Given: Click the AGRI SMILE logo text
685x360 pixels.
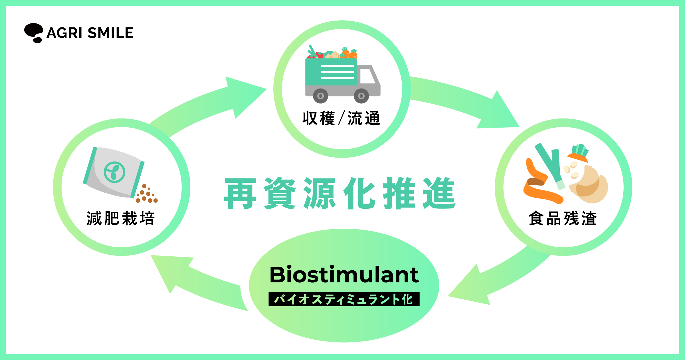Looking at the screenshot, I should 90,33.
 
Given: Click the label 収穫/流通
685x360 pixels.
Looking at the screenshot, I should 341,118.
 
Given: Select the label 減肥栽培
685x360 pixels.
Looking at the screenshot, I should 121,218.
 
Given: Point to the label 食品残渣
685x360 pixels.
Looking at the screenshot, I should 563,218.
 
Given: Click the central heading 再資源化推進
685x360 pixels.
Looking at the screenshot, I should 340,193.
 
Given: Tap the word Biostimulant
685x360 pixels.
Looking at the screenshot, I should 344,275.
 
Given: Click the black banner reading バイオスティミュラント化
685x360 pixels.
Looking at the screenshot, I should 344,299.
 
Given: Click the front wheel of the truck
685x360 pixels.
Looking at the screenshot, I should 361,96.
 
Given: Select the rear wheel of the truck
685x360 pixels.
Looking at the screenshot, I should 320,96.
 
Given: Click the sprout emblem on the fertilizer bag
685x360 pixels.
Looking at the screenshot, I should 114,172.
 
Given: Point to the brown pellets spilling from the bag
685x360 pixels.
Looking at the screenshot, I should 147,194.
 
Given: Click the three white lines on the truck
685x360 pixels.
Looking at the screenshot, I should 337,72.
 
